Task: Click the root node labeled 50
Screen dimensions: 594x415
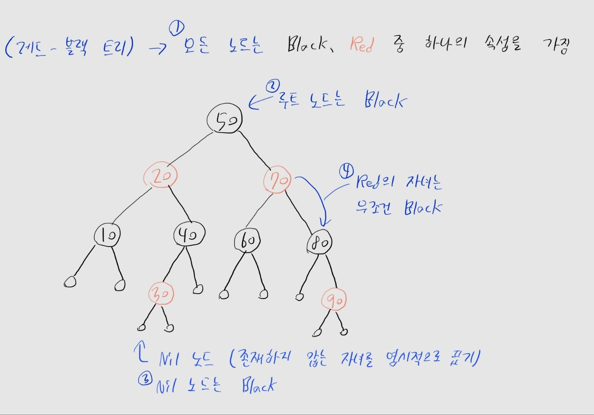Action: click(x=225, y=119)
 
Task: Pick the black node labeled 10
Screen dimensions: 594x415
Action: click(x=107, y=235)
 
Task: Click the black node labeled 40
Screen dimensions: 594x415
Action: click(x=189, y=234)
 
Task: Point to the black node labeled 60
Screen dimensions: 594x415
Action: click(x=247, y=241)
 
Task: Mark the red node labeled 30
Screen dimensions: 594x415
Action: click(x=161, y=294)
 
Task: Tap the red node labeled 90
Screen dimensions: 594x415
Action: click(x=334, y=301)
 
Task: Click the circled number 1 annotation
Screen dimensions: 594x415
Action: click(x=177, y=29)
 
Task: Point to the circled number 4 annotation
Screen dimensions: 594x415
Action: click(x=346, y=171)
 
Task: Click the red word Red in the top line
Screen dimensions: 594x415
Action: click(x=361, y=44)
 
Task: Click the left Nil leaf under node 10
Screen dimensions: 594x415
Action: click(x=70, y=282)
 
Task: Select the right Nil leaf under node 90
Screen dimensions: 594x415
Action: click(x=344, y=331)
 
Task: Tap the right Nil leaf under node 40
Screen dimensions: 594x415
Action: click(x=198, y=290)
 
